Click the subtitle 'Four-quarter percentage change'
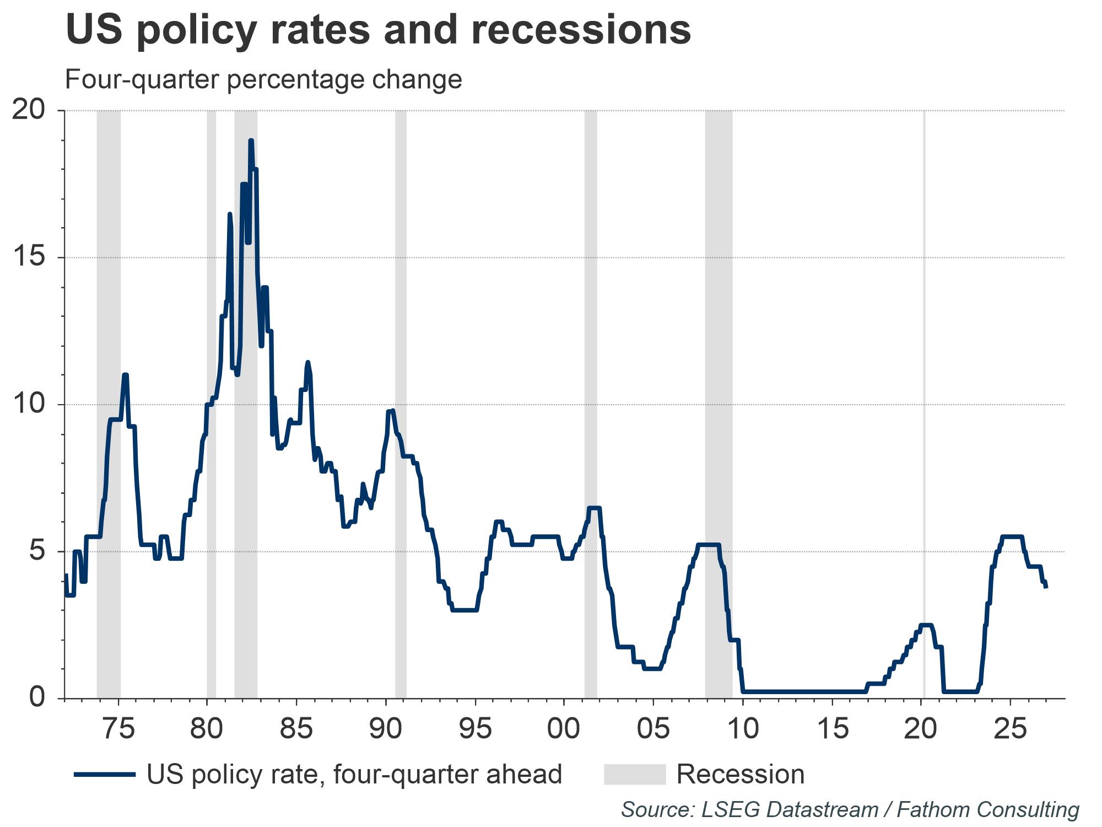click(x=263, y=79)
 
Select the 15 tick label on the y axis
click(x=28, y=257)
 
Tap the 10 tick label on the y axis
click(x=28, y=404)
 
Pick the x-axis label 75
click(x=118, y=729)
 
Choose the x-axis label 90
click(x=386, y=729)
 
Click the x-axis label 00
click(x=564, y=729)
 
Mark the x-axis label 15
click(x=832, y=729)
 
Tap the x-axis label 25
click(x=1010, y=729)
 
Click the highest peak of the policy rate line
click(x=251, y=141)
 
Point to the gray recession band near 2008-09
click(x=719, y=386)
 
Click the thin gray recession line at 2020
click(x=924, y=386)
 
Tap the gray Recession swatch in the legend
click(x=635, y=775)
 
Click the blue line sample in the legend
click(x=105, y=775)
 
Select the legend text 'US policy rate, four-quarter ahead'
click(x=354, y=775)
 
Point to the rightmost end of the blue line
click(x=1046, y=587)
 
